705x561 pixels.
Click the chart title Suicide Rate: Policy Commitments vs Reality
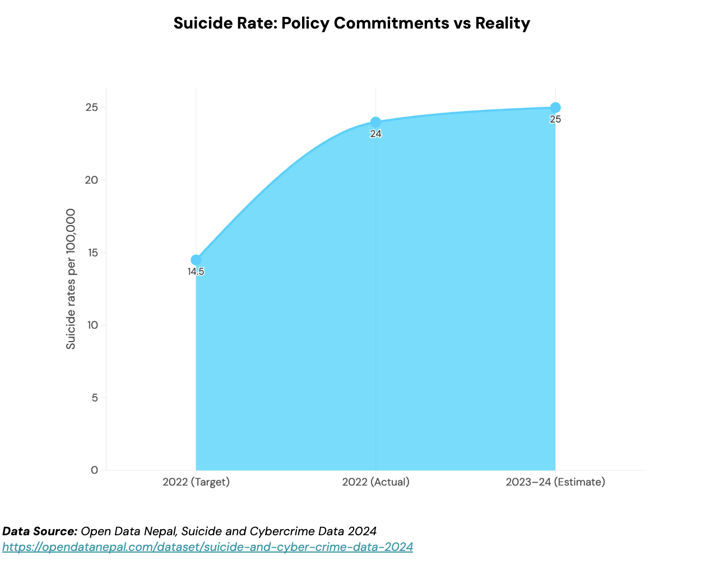[x=351, y=24]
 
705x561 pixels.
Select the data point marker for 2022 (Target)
[x=196, y=260]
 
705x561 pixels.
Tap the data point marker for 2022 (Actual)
[x=375, y=122]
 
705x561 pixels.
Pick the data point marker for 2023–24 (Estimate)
[x=555, y=107]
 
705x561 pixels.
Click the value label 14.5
[x=196, y=272]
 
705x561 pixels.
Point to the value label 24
[x=375, y=134]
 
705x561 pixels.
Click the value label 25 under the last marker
[x=555, y=120]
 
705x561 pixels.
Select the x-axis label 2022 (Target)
[x=196, y=482]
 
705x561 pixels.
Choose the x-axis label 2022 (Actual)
[x=375, y=482]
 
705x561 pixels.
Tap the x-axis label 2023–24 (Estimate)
[x=555, y=482]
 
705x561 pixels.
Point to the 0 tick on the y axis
[x=94, y=470]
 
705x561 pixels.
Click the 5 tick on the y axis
[x=94, y=398]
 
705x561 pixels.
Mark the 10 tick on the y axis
[x=92, y=325]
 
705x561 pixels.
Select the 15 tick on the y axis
[x=92, y=253]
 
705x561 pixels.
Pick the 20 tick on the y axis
[x=92, y=180]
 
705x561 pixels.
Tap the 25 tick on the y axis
[x=92, y=107]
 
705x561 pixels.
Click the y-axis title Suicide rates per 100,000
[x=71, y=279]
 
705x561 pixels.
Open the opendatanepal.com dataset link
[x=207, y=547]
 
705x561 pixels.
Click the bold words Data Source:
[x=40, y=531]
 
